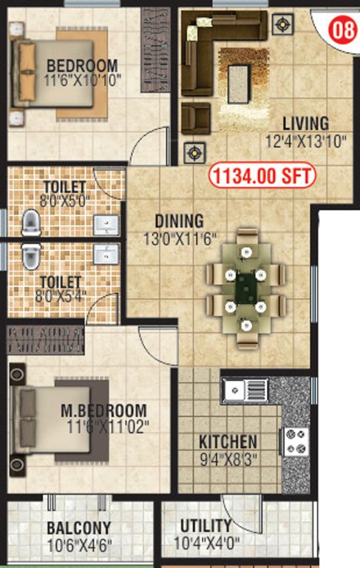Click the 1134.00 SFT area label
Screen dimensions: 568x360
tap(262, 176)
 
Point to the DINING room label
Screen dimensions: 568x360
tap(179, 221)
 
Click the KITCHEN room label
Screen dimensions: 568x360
tap(228, 442)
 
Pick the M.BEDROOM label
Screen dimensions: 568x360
tap(114, 410)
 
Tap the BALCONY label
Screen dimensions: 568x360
tap(79, 529)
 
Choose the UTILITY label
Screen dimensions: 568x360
tap(206, 526)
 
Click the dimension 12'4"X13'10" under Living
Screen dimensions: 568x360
tap(305, 142)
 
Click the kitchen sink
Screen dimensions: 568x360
tap(245, 388)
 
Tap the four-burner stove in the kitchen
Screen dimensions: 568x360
tap(296, 442)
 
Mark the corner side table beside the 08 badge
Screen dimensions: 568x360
tap(281, 24)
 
